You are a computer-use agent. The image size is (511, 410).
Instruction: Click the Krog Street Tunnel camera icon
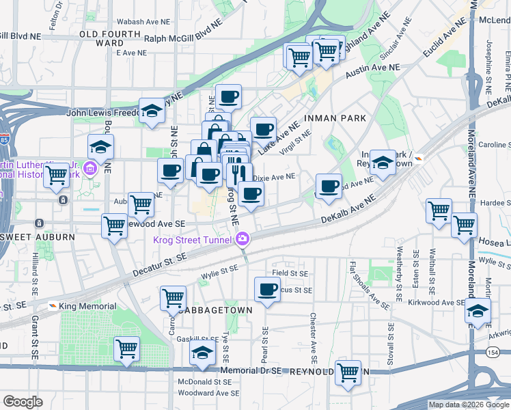[x=242, y=238]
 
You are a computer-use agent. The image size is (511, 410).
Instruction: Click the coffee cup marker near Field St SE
[x=266, y=289]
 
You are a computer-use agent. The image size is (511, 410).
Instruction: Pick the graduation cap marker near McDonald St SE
[x=202, y=353]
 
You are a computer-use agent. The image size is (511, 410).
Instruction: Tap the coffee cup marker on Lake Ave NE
[x=263, y=128]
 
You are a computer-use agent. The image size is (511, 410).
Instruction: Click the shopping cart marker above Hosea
[x=464, y=223]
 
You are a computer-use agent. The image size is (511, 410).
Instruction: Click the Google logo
[x=23, y=402]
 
